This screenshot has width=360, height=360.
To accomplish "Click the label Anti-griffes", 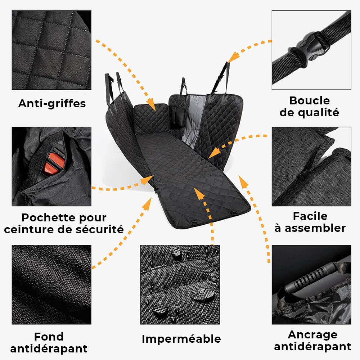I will coord(52,104).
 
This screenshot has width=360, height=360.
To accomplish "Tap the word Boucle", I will coord(309,100).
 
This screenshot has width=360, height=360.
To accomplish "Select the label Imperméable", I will coord(181,339).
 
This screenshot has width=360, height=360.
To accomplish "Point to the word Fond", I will coord(49,337).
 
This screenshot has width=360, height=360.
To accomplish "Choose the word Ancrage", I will coord(312,334).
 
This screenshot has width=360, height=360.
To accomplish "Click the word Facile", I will coord(310,216).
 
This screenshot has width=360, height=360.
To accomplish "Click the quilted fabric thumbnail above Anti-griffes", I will coord(51,50).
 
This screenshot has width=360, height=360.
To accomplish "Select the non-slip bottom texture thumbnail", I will coord(51,284).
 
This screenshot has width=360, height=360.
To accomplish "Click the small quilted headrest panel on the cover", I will coord(151,119).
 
